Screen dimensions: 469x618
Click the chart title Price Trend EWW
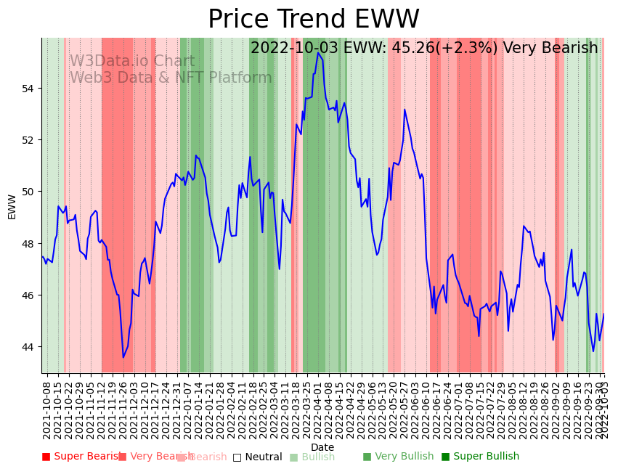click(x=313, y=20)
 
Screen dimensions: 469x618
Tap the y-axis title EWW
click(x=12, y=206)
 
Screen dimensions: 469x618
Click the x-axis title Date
click(x=322, y=447)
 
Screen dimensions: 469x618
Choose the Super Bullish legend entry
click(x=480, y=457)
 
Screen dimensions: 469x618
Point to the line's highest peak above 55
click(x=318, y=53)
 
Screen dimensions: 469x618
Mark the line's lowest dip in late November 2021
click(x=123, y=357)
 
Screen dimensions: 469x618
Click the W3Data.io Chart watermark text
click(x=132, y=62)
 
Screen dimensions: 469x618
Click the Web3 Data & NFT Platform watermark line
click(x=171, y=78)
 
